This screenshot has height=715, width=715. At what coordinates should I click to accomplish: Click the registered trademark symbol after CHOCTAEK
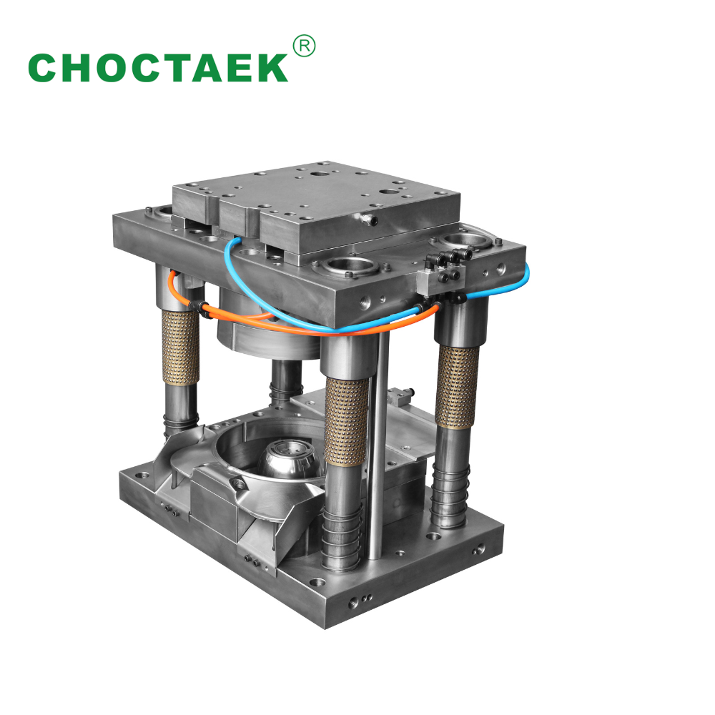[304, 46]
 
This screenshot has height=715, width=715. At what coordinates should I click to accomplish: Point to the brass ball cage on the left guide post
[181, 347]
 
